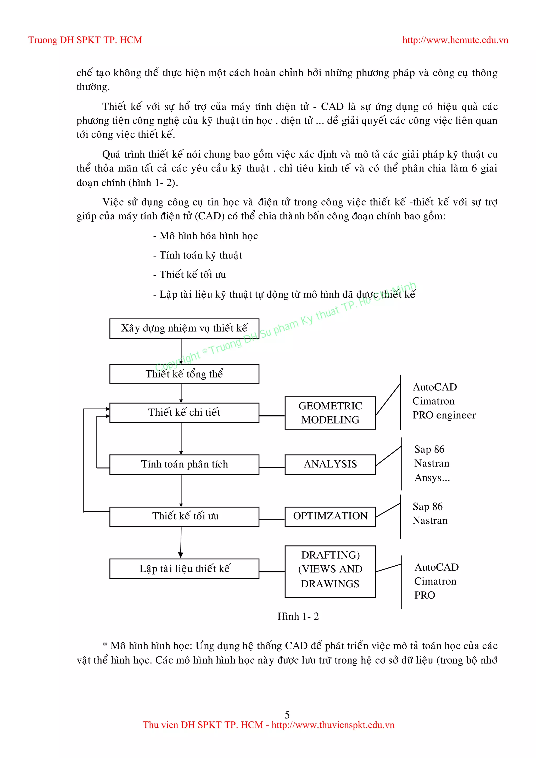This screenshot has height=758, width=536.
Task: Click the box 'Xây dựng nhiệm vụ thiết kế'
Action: (184, 328)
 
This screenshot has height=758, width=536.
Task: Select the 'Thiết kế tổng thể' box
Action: (184, 374)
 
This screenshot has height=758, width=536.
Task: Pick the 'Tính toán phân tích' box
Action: (184, 465)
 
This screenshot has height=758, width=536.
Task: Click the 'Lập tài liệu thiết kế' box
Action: (184, 568)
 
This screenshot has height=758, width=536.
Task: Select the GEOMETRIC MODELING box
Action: (330, 413)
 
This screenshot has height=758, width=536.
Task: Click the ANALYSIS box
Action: (330, 465)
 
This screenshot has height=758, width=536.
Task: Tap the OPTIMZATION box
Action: (330, 516)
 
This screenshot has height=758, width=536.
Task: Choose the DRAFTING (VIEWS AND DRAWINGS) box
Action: (330, 569)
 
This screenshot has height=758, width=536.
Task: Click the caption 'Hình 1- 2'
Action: (298, 616)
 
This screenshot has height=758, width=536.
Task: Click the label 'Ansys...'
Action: (432, 478)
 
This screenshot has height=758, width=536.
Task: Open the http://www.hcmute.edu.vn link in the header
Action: (455, 40)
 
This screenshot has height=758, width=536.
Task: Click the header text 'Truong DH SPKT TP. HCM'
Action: (85, 40)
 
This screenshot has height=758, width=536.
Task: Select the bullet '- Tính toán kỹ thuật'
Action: (197, 255)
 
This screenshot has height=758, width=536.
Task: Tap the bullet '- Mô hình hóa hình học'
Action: (205, 236)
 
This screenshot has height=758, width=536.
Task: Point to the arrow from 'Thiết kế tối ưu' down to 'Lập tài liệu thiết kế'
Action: (181, 542)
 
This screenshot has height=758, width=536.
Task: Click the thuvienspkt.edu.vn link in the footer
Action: (333, 725)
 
